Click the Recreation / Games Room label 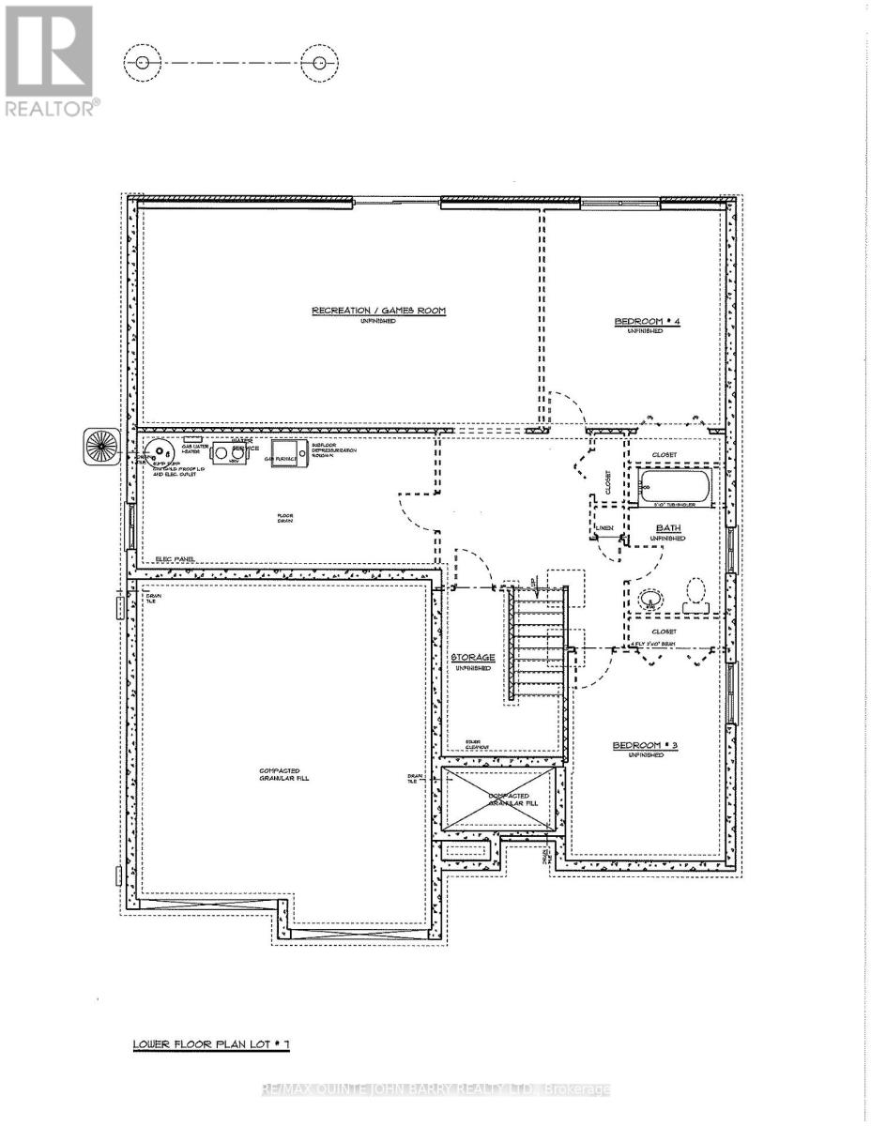coord(379,311)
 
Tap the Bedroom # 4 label coord(639,323)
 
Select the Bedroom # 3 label coord(638,746)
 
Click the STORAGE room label coord(472,658)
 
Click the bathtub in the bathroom coord(676,487)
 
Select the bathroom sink coord(649,599)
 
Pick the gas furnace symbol coord(285,453)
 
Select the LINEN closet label coord(604,528)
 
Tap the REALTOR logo coord(49,61)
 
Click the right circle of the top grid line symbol coord(319,63)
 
